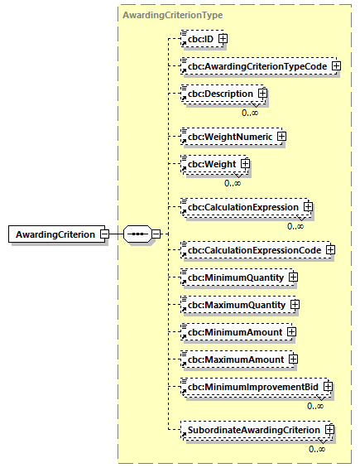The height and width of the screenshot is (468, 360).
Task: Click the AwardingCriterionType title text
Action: tap(171, 15)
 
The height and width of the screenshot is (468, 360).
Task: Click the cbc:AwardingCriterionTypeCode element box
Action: tap(257, 65)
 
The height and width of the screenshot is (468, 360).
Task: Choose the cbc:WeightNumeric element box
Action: tap(229, 136)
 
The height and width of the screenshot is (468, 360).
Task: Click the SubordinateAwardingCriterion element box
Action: tap(252, 430)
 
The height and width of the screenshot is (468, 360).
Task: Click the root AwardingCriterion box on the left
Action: tap(56, 234)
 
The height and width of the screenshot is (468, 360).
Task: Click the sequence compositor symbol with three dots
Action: tap(137, 234)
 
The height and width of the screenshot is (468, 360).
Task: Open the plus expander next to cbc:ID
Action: tap(223, 39)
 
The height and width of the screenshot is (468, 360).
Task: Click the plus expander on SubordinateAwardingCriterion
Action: tap(329, 430)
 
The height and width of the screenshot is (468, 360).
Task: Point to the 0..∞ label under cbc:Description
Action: tap(249, 112)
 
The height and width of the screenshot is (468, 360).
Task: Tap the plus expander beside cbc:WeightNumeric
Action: tap(281, 136)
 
